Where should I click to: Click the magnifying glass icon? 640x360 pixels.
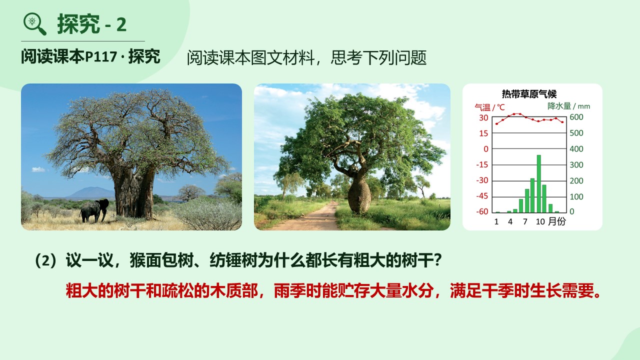pyautogui.click(x=34, y=24)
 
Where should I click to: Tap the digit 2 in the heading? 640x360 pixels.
pyautogui.click(x=121, y=24)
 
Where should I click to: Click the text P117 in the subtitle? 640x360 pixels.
pyautogui.click(x=101, y=56)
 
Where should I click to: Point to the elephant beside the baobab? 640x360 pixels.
pyautogui.click(x=94, y=210)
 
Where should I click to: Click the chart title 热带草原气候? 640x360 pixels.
pyautogui.click(x=529, y=94)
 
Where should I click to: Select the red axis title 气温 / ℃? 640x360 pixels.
pyautogui.click(x=489, y=107)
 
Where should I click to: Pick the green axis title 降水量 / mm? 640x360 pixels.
pyautogui.click(x=568, y=106)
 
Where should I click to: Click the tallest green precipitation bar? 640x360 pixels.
pyautogui.click(x=539, y=183)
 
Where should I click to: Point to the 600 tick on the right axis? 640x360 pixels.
pyautogui.click(x=576, y=117)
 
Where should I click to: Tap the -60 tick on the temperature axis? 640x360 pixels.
pyautogui.click(x=482, y=211)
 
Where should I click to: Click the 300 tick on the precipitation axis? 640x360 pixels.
pyautogui.click(x=576, y=165)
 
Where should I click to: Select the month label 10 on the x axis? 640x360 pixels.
pyautogui.click(x=540, y=221)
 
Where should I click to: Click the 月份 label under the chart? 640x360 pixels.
pyautogui.click(x=557, y=221)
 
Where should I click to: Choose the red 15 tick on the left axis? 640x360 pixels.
pyautogui.click(x=483, y=133)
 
